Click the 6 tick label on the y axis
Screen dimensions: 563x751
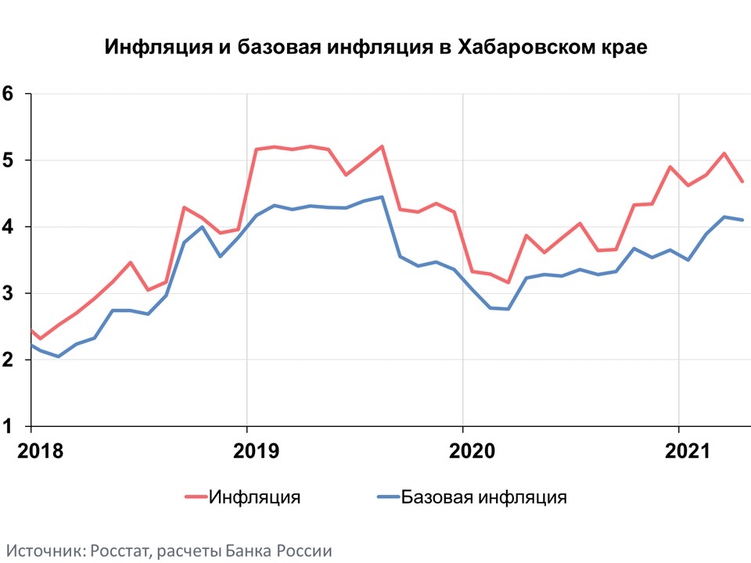click(x=9, y=94)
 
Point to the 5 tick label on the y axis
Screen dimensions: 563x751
click(x=9, y=160)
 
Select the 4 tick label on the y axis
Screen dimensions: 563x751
click(x=9, y=227)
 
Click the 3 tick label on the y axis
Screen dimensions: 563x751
click(x=9, y=293)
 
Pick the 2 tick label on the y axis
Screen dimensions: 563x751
click(x=9, y=360)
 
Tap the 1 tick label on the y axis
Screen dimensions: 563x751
click(x=9, y=426)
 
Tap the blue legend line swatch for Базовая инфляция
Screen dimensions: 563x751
click(x=388, y=497)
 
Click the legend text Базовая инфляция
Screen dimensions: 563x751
click(x=483, y=497)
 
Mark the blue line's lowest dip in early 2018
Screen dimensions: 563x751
click(x=58, y=357)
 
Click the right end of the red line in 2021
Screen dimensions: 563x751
click(x=742, y=181)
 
